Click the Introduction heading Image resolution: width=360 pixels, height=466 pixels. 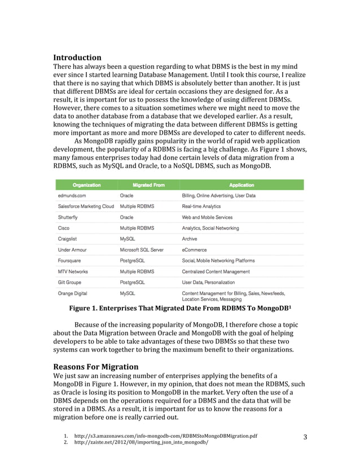click(77, 58)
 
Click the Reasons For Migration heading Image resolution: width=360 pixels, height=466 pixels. click(95, 367)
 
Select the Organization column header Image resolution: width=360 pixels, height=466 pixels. click(86, 184)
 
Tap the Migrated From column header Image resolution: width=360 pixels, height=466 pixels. click(148, 184)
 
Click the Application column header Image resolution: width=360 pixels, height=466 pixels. click(241, 184)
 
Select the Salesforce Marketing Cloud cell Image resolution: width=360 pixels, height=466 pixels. click(86, 206)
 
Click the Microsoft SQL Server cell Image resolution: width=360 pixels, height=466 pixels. click(142, 249)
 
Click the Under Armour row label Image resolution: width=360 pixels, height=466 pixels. click(74, 249)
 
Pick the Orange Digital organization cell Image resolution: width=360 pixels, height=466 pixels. click(74, 293)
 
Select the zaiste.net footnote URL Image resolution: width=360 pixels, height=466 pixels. click(141, 443)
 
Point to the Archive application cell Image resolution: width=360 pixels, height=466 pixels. click(190, 239)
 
